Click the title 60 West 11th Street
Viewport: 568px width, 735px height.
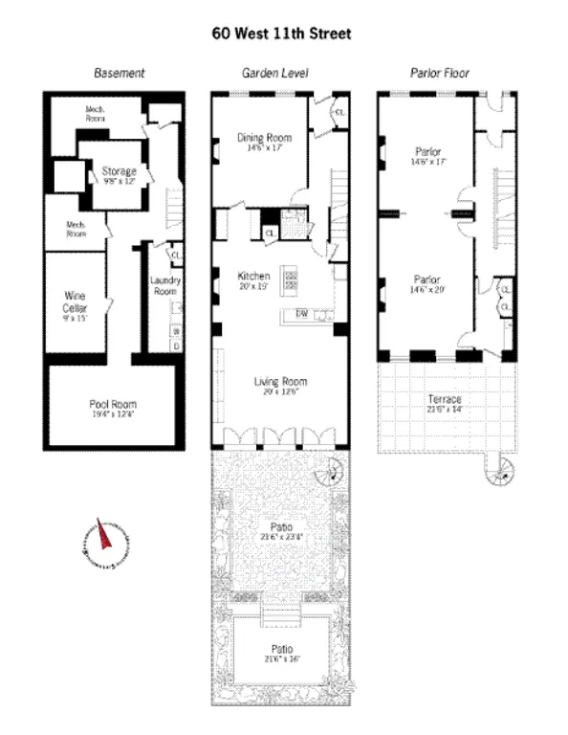tap(281, 33)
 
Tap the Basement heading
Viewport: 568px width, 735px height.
tap(119, 74)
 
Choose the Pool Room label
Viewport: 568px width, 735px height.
tap(112, 404)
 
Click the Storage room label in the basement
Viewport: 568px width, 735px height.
tap(119, 171)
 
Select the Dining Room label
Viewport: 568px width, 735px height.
tap(264, 138)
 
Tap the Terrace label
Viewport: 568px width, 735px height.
tap(445, 398)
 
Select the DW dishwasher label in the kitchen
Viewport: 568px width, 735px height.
tap(301, 313)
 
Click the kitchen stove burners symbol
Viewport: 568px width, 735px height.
tap(292, 278)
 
